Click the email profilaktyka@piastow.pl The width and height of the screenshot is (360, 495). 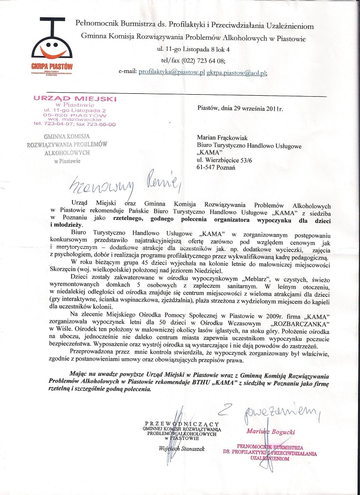pos(172,72)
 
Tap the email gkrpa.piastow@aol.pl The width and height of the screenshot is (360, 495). pos(236,72)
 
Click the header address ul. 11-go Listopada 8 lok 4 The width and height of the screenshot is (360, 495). pos(194,50)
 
